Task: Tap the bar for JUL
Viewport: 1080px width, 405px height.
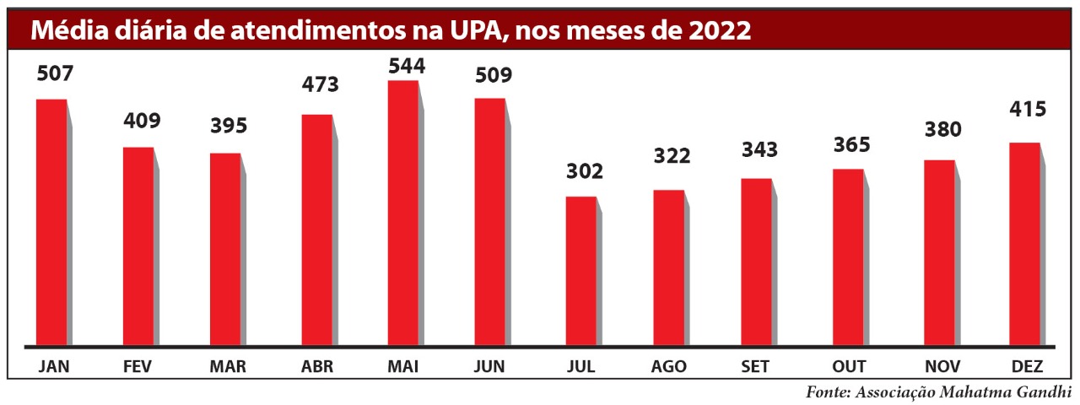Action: click(x=581, y=271)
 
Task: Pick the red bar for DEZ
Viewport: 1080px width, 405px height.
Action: click(x=1025, y=244)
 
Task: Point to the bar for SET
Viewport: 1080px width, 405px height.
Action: click(x=757, y=262)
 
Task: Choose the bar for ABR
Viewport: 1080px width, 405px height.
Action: click(x=316, y=229)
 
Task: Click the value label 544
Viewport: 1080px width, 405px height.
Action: click(x=406, y=66)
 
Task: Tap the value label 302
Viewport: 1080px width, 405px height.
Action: click(x=585, y=172)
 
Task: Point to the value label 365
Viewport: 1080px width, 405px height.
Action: click(x=850, y=144)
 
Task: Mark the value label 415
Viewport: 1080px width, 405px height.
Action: click(x=1027, y=109)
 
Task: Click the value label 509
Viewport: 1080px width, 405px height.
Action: click(x=493, y=75)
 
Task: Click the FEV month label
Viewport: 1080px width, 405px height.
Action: click(x=138, y=367)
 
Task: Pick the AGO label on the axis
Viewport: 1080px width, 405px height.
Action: click(x=668, y=367)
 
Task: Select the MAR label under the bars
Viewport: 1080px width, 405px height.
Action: click(x=227, y=367)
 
